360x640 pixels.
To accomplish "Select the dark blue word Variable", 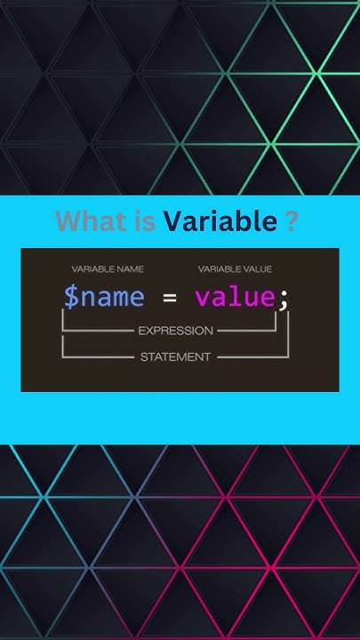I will (220, 221).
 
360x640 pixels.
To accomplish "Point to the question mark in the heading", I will (292, 221).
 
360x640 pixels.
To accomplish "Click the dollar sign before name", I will (70, 297).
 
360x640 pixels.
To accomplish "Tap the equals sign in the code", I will (169, 297).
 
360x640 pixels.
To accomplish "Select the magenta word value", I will (235, 297).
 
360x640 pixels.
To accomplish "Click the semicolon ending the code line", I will (284, 300).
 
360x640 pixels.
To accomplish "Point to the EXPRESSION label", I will (175, 331).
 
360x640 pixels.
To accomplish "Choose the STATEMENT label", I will (175, 357).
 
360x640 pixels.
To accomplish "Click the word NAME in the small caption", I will (129, 268).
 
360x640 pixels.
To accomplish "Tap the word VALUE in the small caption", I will (256, 268).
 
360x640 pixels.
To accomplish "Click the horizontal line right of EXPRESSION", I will (247, 331).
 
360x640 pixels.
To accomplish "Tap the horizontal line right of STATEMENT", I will (253, 357).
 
